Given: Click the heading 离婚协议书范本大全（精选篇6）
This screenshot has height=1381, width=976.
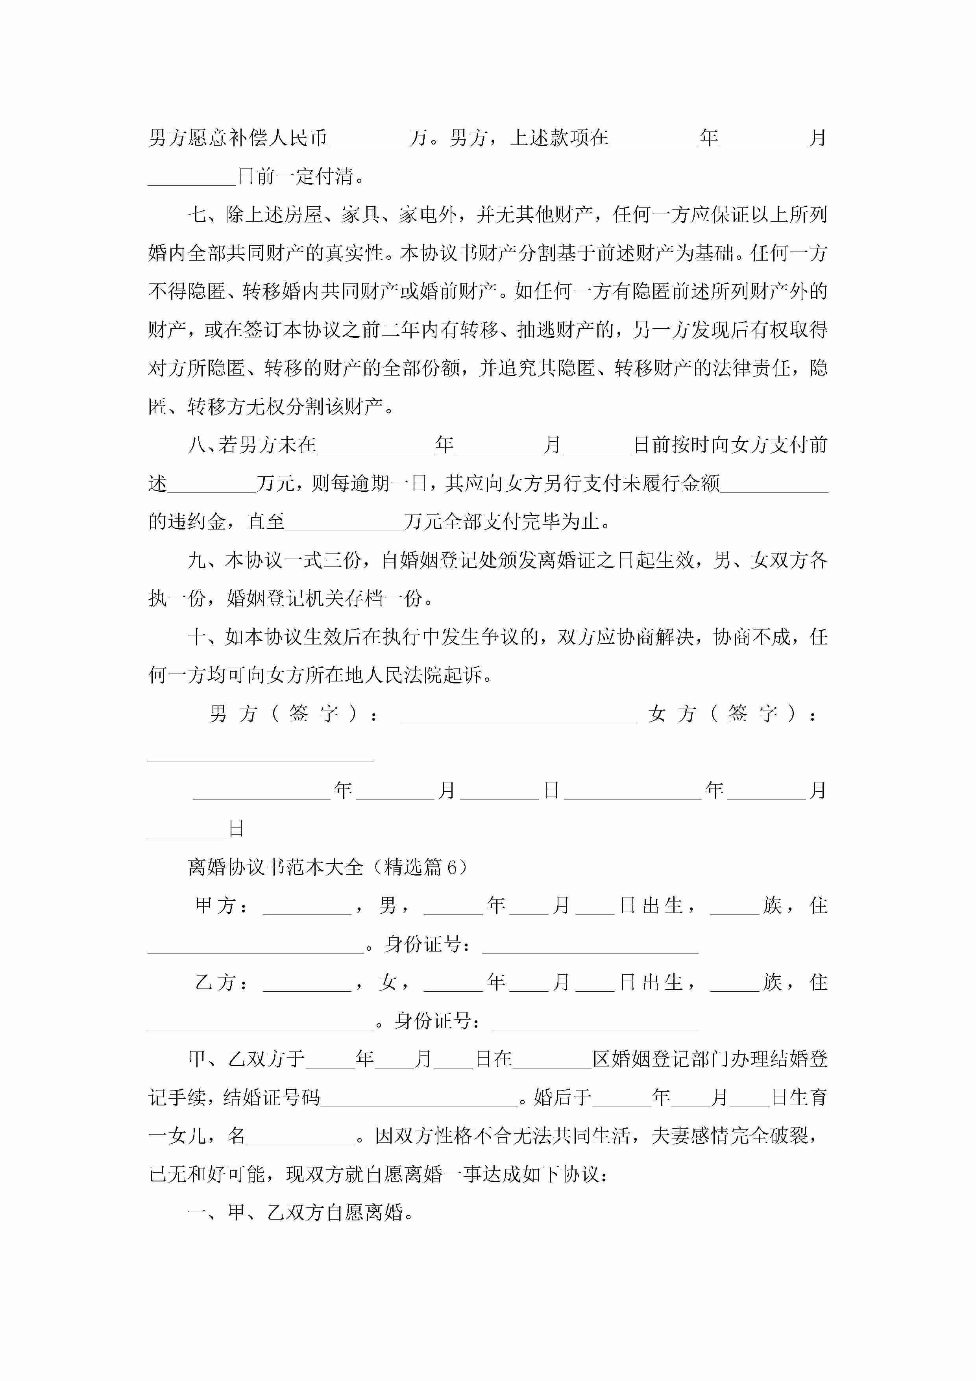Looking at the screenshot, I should click(328, 867).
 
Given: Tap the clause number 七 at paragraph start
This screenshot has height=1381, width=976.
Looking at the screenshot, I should click(197, 215).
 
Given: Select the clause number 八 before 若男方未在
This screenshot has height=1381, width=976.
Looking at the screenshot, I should click(197, 445).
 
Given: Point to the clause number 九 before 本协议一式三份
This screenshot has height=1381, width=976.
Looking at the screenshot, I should click(197, 561).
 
